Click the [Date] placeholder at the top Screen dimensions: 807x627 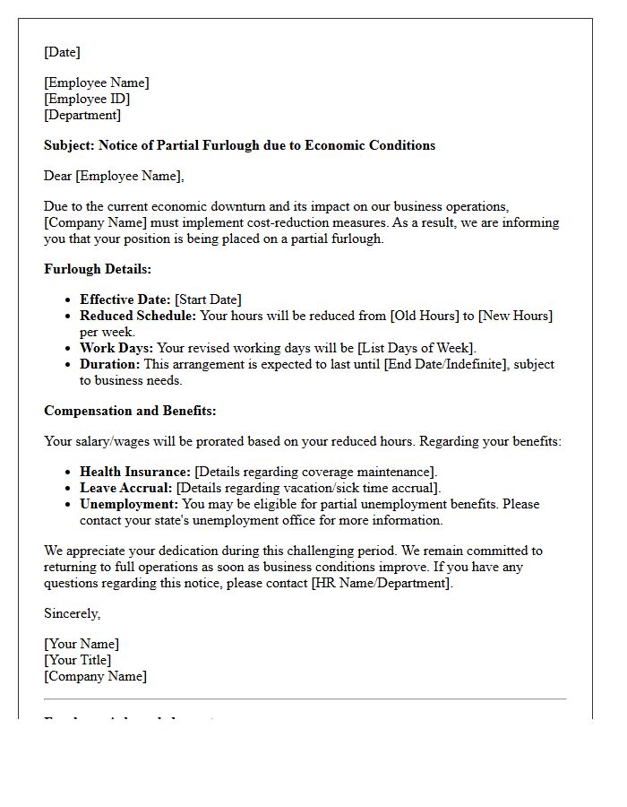click(62, 52)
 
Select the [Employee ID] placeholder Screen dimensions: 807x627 click(87, 99)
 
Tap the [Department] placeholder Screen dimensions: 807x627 click(82, 115)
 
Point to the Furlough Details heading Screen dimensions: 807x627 click(98, 269)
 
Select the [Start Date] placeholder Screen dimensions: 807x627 click(208, 299)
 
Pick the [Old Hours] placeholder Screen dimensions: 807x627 click(425, 316)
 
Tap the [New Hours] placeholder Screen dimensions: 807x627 click(515, 316)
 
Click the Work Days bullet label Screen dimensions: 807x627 click(116, 348)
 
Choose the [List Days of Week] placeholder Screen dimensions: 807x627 click(417, 348)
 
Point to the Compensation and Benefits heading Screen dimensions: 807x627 click(130, 411)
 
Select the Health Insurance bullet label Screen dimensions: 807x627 click(135, 472)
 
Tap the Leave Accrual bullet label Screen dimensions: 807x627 click(125, 488)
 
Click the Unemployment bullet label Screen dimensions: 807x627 click(129, 504)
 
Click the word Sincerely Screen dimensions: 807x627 click(72, 613)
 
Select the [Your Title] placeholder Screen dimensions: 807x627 click(77, 660)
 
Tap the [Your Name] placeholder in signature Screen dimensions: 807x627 click(82, 644)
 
